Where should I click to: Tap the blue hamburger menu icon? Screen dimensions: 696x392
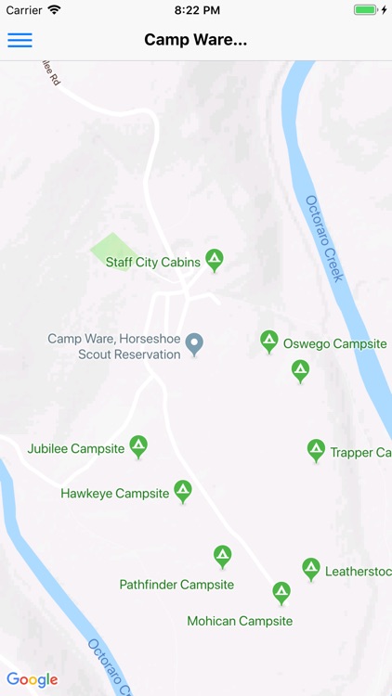click(x=20, y=40)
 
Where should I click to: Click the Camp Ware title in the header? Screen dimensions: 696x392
click(x=196, y=40)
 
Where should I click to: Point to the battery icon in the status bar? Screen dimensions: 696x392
click(x=366, y=9)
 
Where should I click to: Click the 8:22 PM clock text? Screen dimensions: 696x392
click(x=196, y=9)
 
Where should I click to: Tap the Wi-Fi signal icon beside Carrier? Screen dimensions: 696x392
click(x=54, y=9)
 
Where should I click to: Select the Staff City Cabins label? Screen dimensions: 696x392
click(x=152, y=263)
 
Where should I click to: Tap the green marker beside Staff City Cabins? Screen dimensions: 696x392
click(x=215, y=259)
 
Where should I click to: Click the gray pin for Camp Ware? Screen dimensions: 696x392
click(x=194, y=343)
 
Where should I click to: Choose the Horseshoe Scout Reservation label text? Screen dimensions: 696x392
click(x=114, y=347)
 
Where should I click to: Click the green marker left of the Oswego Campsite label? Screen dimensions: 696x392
click(x=269, y=341)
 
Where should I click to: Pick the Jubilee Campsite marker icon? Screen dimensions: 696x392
click(x=138, y=445)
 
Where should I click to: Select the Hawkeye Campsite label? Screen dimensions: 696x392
click(x=115, y=494)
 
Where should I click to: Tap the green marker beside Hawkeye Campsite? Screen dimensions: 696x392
click(x=183, y=490)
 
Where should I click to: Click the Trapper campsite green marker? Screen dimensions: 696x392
click(x=317, y=450)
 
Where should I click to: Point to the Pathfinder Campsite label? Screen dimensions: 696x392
click(x=176, y=585)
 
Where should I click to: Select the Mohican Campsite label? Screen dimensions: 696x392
click(x=240, y=621)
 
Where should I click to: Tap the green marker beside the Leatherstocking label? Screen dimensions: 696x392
click(x=311, y=568)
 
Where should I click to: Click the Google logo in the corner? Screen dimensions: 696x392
click(x=32, y=679)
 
